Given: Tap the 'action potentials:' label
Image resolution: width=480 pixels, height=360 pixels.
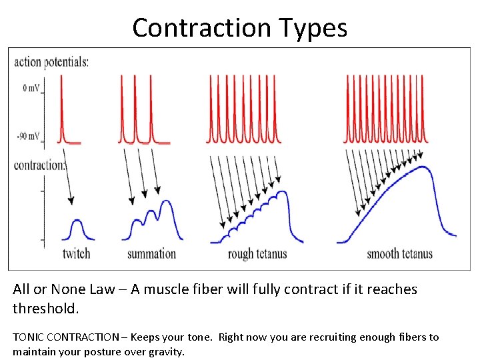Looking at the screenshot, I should pyautogui.click(x=51, y=63).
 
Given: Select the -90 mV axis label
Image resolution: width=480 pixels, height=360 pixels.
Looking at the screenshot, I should pyautogui.click(x=27, y=137).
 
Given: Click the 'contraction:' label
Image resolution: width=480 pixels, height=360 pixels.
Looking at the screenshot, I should pyautogui.click(x=39, y=165).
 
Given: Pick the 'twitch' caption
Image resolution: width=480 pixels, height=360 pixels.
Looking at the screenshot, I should pyautogui.click(x=76, y=253).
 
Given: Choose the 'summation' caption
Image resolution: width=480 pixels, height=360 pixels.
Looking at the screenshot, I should pyautogui.click(x=151, y=253).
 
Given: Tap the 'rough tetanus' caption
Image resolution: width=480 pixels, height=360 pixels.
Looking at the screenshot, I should pyautogui.click(x=257, y=254).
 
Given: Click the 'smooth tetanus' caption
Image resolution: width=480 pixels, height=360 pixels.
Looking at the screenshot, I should pyautogui.click(x=399, y=253).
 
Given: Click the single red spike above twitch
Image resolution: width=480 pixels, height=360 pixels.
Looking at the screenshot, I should pyautogui.click(x=61, y=107).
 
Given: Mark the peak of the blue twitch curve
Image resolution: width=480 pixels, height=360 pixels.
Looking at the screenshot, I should pyautogui.click(x=77, y=220).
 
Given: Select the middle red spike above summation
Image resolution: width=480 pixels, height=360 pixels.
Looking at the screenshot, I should pyautogui.click(x=135, y=107).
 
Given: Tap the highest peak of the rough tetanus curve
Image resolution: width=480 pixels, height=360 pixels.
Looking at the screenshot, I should pyautogui.click(x=284, y=192).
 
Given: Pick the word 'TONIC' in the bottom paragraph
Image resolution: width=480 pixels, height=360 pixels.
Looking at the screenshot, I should pyautogui.click(x=28, y=337).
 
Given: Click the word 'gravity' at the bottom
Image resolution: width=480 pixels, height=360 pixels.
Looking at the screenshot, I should pyautogui.click(x=165, y=351).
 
